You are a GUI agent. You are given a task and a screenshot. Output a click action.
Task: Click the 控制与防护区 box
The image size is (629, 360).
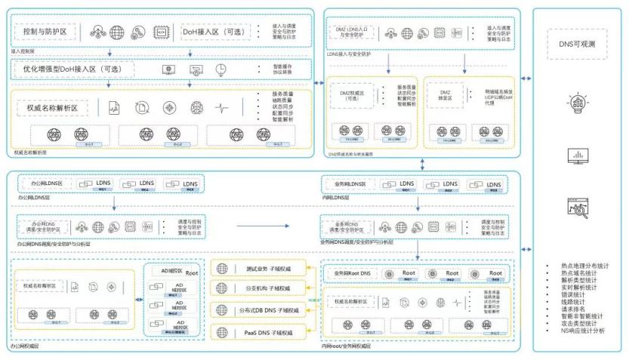[x=46, y=33]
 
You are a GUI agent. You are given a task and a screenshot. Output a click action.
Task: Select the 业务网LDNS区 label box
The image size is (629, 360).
[x=348, y=184]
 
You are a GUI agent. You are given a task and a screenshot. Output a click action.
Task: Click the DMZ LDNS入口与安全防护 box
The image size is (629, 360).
[x=350, y=32]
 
